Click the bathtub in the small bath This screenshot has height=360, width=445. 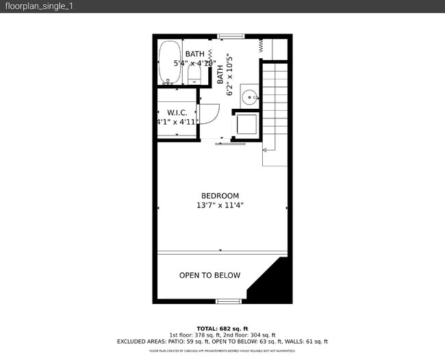click(170, 63)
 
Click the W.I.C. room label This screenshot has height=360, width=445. click(177, 112)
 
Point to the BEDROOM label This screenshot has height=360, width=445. click(220, 196)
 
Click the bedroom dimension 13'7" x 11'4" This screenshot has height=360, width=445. click(220, 205)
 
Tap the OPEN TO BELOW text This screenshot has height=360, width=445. click(209, 276)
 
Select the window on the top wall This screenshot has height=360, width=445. click(231, 36)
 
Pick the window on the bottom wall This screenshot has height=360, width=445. click(229, 301)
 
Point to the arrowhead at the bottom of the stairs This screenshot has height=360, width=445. click(264, 149)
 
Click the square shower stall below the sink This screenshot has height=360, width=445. click(246, 125)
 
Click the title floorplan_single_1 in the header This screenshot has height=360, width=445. click(40, 6)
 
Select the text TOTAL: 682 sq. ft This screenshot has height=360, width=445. click(222, 328)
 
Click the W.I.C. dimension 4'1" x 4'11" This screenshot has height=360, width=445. click(177, 123)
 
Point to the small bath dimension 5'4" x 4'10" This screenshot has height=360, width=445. click(195, 64)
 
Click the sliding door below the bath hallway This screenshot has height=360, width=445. click(229, 144)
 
